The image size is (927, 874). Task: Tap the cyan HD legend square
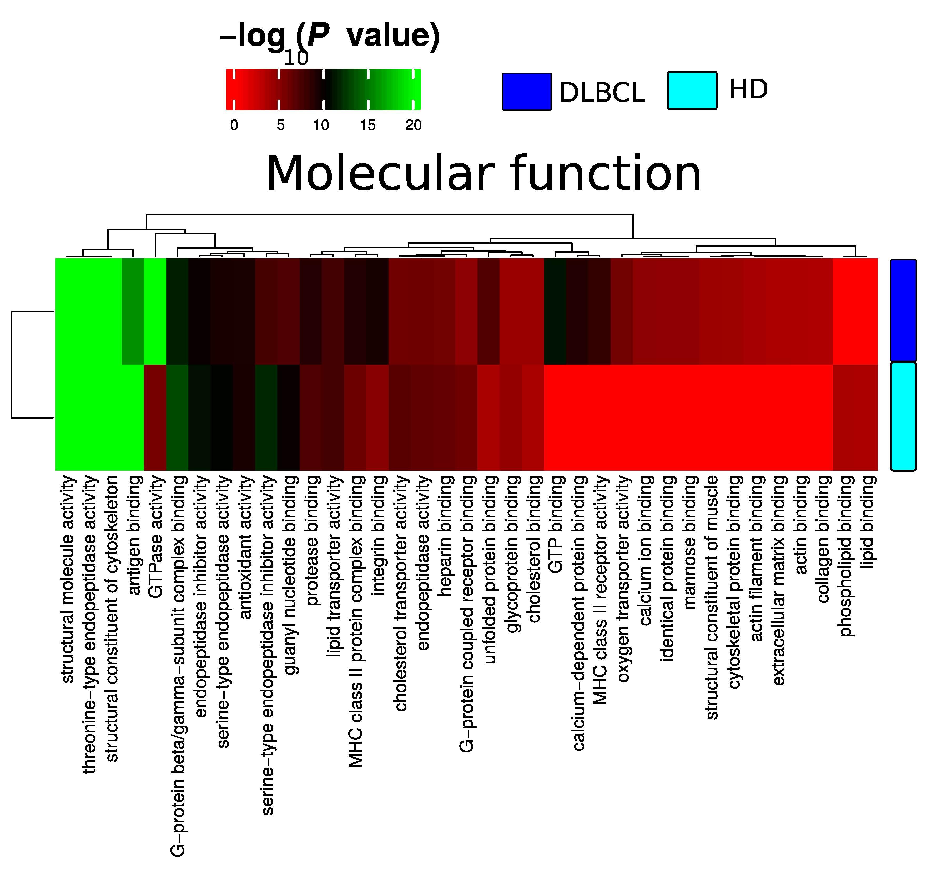[692, 91]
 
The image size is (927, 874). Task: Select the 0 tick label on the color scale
[234, 125]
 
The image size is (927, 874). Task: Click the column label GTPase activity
[155, 536]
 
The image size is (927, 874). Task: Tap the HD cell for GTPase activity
[155, 418]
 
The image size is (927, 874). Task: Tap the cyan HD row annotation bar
[903, 416]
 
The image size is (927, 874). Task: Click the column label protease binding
[311, 540]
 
